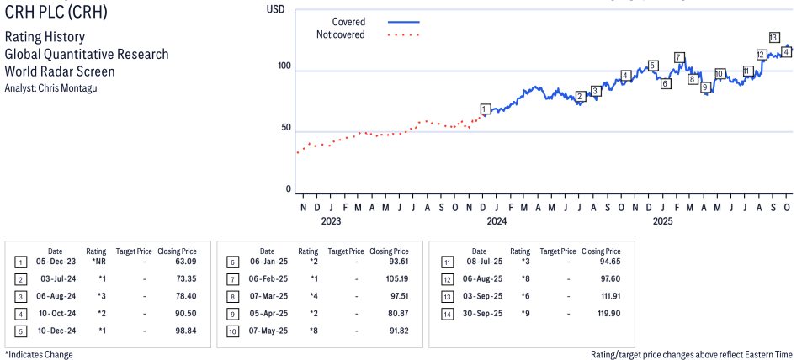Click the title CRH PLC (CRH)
[56, 13]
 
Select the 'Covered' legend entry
[348, 22]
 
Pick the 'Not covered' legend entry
[340, 34]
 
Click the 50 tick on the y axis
[286, 128]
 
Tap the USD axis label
[275, 9]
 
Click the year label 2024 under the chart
[497, 222]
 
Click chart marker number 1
[485, 109]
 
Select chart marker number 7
[679, 57]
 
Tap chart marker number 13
[773, 37]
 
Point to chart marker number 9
[705, 87]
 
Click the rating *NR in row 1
[98, 262]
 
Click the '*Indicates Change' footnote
[39, 354]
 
